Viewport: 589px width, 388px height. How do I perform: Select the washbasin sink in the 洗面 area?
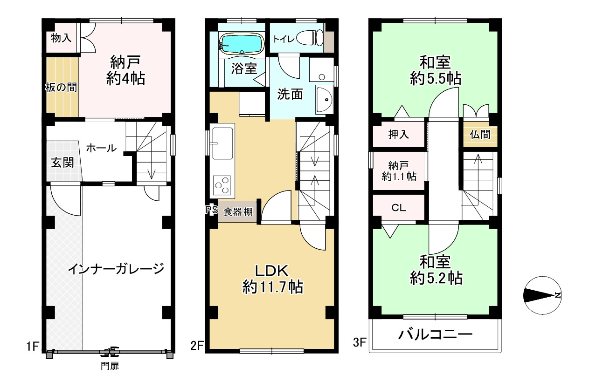(x=325, y=100)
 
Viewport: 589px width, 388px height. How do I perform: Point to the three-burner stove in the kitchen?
(x=222, y=185)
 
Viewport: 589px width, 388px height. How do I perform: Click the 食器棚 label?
(x=238, y=211)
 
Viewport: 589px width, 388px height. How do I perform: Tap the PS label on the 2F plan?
(x=212, y=210)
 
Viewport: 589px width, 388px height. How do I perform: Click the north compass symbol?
(x=543, y=295)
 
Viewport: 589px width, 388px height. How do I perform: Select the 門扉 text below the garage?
(x=110, y=366)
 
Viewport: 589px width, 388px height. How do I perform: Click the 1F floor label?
(x=33, y=346)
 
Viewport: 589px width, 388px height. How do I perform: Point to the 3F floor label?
(x=360, y=342)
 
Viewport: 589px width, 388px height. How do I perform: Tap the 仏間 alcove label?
(x=480, y=135)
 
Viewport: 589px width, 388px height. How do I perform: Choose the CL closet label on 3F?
(x=399, y=208)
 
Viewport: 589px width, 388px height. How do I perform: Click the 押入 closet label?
(x=399, y=135)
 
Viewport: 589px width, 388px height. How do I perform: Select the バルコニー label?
(x=435, y=335)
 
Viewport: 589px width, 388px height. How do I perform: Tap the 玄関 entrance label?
(x=62, y=163)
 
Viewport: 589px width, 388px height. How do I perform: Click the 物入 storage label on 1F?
(x=61, y=38)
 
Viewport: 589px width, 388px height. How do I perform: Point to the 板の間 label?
(x=61, y=87)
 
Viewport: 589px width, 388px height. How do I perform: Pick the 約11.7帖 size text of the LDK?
(x=272, y=287)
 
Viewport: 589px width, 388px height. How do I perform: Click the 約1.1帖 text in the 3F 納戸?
(x=399, y=177)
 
